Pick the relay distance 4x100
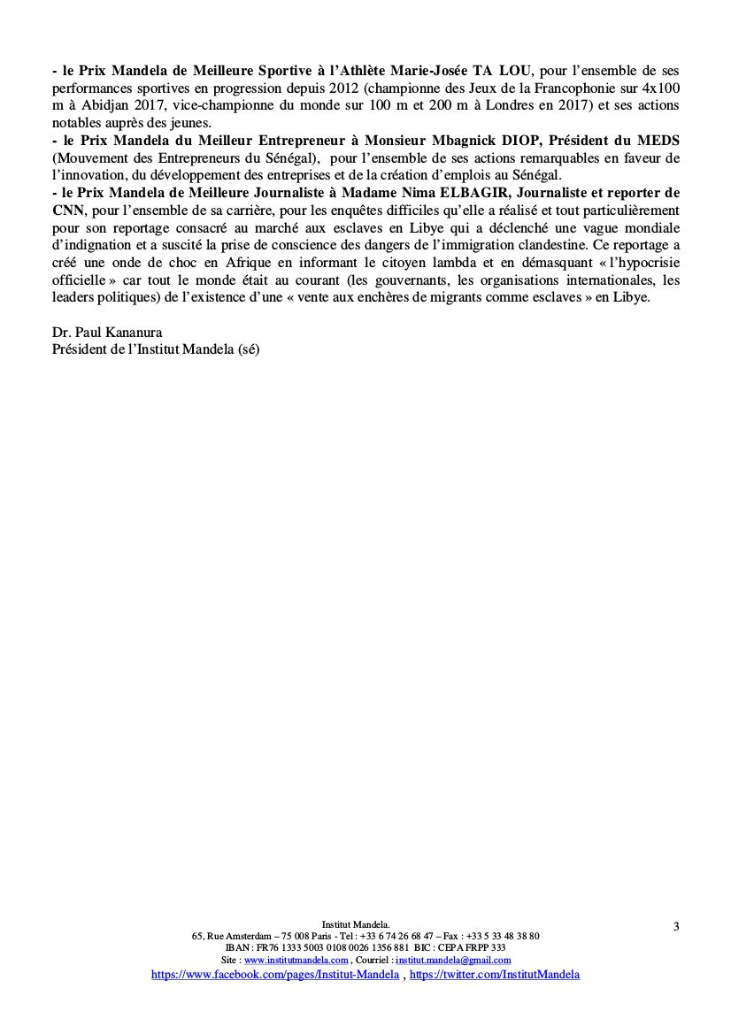pos(658,88)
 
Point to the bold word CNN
pos(67,210)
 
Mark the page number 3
pos(675,926)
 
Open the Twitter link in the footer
pos(494,974)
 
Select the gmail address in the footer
pos(453,960)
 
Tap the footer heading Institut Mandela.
pos(365,923)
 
